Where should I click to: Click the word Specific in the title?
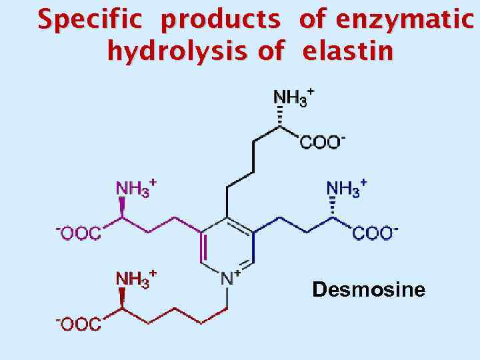pos(89,21)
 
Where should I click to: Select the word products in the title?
pos(221,21)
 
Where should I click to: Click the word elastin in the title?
pos(347,51)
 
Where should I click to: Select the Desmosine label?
pos(369,290)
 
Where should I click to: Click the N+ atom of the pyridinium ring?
pos(228,277)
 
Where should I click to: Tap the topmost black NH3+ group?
pos(292,98)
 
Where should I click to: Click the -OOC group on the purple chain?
pos(79,233)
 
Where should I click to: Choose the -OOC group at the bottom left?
pos(79,324)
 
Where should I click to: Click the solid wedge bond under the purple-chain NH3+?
pos(121,210)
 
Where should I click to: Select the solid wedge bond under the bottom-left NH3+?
pos(121,301)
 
